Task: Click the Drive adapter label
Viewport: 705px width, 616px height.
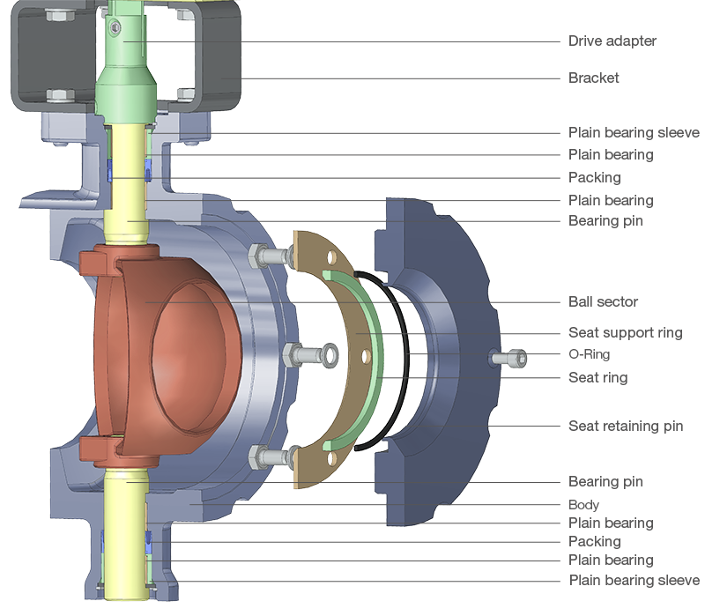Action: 612,41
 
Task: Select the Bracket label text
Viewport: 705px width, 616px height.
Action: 593,78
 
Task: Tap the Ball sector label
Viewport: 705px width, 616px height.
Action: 603,301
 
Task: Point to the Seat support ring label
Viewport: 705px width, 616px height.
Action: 625,333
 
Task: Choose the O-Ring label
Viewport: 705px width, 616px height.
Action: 590,355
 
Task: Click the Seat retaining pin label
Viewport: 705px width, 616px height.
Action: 625,427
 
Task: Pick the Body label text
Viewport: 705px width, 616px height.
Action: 583,505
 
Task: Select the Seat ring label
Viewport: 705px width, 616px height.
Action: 597,378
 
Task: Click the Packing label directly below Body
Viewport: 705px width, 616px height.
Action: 594,541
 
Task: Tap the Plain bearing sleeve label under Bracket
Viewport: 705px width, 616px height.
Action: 633,133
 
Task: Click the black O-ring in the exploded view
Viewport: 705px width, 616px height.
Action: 406,353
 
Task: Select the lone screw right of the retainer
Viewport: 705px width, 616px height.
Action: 511,358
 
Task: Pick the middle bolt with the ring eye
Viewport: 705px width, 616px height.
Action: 308,354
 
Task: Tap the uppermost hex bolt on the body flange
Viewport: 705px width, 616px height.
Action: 270,256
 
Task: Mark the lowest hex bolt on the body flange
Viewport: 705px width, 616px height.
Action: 270,456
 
